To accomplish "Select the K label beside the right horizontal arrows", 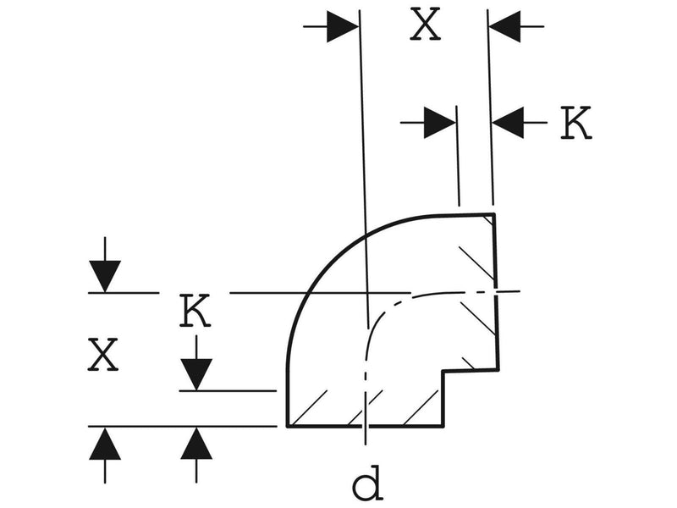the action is tap(576, 123).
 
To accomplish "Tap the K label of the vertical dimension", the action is tap(195, 310).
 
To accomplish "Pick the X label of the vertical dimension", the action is tap(102, 355).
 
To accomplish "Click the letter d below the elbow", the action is tap(368, 483).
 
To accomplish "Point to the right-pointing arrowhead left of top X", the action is tap(343, 27).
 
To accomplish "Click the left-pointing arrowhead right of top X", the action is tap(504, 26).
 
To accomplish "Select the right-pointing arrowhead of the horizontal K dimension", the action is tap(439, 123).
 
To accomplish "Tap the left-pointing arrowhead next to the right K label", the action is tap(508, 123).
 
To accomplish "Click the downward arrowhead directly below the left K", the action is tap(196, 374).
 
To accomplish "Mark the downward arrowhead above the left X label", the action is tap(105, 277).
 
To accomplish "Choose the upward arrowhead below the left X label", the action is tap(105, 444).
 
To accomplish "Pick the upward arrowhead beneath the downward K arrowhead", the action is tap(196, 444).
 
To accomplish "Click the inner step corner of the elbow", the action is tap(443, 371).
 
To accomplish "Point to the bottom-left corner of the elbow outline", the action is tap(288, 426).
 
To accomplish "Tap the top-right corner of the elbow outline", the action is tap(494, 214).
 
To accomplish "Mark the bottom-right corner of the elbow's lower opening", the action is tap(443, 426).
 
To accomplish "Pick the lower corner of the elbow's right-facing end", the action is tap(498, 370).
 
